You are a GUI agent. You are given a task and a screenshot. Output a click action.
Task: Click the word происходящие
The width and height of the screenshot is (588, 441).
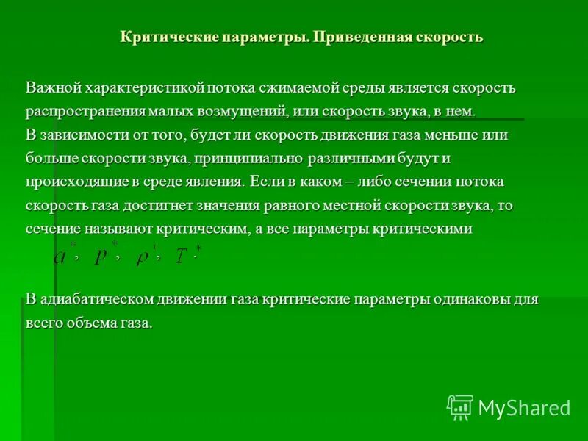coord(73,182)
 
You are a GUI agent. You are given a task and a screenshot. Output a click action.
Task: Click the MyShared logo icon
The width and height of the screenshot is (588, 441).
coord(460,407)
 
